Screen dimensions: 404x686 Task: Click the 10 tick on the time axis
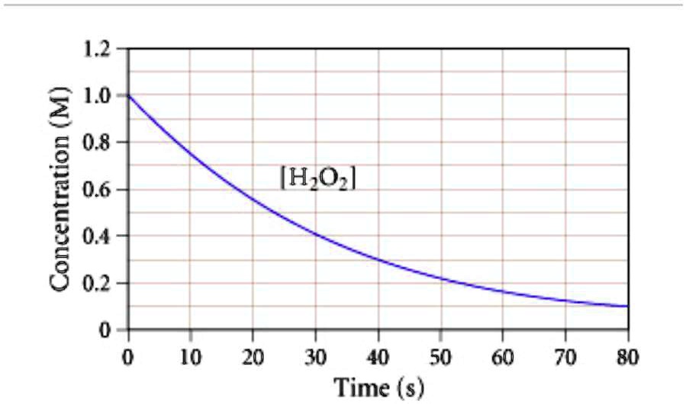point(191,356)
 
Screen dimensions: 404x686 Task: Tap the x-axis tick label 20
point(253,356)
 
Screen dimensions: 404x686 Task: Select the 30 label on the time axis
point(316,356)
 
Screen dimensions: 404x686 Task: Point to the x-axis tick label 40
point(378,356)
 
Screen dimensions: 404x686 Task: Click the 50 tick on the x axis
point(440,356)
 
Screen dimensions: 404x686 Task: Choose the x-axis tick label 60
point(503,356)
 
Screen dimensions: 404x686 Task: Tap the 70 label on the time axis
point(565,356)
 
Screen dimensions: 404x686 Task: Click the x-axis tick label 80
point(627,356)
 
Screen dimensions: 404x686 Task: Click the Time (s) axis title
point(379,386)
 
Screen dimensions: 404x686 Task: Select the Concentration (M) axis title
point(63,189)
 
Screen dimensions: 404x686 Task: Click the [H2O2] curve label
point(318,180)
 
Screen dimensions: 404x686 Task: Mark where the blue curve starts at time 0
point(129,96)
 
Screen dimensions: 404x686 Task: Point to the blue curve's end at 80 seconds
point(627,306)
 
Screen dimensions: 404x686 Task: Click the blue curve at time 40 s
point(378,260)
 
